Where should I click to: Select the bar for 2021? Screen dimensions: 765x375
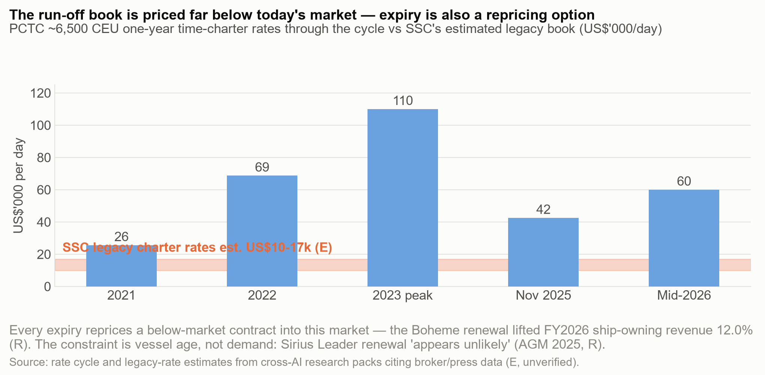(121, 266)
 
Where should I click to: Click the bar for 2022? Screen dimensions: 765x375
(262, 231)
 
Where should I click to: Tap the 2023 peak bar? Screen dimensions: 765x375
(403, 198)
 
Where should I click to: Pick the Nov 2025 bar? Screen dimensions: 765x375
(543, 252)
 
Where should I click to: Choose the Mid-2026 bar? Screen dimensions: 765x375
(684, 238)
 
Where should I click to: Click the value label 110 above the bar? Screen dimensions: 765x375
(403, 101)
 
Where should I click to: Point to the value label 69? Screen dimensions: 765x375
(262, 167)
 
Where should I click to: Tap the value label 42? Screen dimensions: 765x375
(543, 210)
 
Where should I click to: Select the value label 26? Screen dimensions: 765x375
(121, 237)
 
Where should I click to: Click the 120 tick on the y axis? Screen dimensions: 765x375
(40, 93)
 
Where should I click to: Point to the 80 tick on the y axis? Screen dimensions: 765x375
(43, 157)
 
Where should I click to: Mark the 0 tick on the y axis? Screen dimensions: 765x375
(47, 287)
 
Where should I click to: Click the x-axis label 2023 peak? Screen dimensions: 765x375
(403, 295)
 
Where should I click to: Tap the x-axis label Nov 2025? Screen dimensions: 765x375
(543, 295)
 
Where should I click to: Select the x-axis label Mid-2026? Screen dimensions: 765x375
(684, 295)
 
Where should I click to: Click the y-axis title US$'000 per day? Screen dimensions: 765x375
(19, 186)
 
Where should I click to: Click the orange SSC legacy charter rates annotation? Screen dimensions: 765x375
(197, 248)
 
